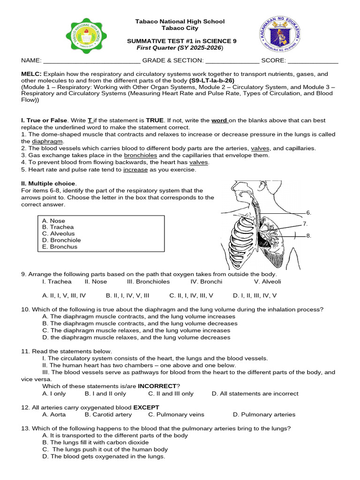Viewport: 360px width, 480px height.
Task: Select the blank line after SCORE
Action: coord(313,61)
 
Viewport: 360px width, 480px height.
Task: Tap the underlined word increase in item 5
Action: coord(135,170)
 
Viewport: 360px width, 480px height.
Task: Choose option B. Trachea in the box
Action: coord(58,227)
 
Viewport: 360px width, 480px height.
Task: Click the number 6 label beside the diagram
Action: coord(308,212)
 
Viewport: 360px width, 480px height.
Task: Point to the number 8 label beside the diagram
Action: coord(308,236)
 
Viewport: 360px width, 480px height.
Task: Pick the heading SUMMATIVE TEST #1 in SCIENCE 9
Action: coord(182,41)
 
